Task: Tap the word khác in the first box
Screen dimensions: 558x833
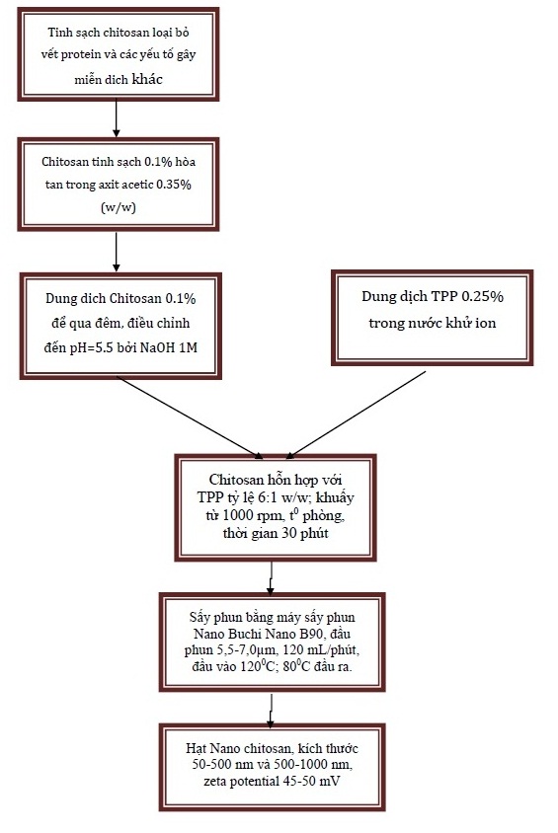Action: point(147,79)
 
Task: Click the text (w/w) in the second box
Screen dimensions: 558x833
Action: point(118,207)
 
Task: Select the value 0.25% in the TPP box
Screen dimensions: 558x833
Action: point(483,296)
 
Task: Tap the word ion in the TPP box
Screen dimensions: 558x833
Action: point(486,323)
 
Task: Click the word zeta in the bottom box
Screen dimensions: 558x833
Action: point(214,781)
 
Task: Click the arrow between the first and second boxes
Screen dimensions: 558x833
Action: point(116,118)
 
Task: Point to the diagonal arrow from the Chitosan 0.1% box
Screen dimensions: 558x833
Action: point(190,417)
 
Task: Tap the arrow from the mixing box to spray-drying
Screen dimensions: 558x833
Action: point(271,578)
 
